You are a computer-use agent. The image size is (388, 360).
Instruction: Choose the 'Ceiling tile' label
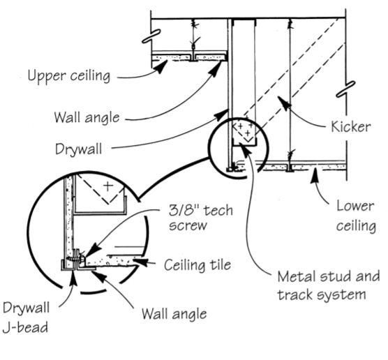pyautogui.click(x=195, y=265)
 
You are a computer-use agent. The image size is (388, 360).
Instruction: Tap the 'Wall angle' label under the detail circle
pyautogui.click(x=174, y=313)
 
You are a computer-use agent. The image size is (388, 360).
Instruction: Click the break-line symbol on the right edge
pyautogui.click(x=343, y=93)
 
